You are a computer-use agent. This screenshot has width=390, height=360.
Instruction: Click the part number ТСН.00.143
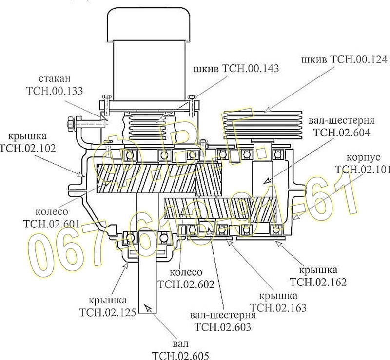click(x=250, y=68)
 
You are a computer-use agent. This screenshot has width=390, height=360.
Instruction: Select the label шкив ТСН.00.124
click(x=345, y=59)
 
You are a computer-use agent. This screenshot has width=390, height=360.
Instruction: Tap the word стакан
click(x=55, y=78)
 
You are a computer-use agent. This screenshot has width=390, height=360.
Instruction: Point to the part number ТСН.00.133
click(x=54, y=91)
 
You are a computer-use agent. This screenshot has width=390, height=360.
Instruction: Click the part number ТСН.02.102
click(x=28, y=148)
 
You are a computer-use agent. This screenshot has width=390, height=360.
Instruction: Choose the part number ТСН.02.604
click(x=342, y=133)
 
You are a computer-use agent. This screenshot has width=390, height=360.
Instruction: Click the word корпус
click(x=364, y=158)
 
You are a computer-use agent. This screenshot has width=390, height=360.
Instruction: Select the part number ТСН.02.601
click(x=52, y=224)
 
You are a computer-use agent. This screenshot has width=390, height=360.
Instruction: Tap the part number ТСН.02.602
click(x=186, y=284)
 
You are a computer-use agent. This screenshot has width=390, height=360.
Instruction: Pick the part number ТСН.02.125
click(x=107, y=312)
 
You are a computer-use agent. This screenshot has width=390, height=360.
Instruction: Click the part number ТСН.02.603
click(x=222, y=327)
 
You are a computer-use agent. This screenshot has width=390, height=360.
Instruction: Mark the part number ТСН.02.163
click(x=278, y=308)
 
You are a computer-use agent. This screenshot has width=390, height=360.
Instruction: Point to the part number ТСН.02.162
click(x=318, y=282)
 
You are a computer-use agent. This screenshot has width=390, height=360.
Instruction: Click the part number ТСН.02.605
click(x=180, y=356)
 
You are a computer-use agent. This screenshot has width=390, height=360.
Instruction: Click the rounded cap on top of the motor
click(x=149, y=24)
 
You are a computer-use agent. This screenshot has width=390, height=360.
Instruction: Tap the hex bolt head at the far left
click(x=69, y=124)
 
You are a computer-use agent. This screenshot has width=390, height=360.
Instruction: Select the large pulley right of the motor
click(x=263, y=125)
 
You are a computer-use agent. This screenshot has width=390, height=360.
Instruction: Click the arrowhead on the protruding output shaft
click(x=148, y=308)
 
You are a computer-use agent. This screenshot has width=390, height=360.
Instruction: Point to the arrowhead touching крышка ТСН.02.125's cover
click(x=126, y=266)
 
